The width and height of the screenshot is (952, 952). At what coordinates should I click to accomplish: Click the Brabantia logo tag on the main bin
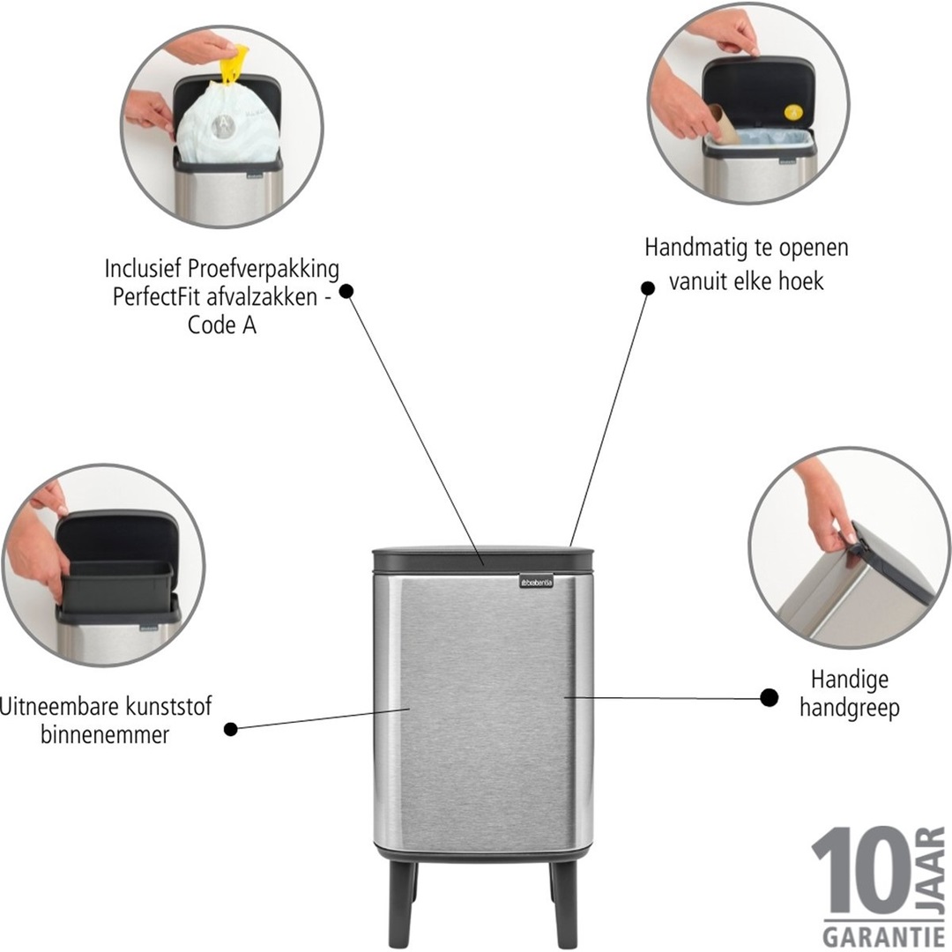[x=536, y=582]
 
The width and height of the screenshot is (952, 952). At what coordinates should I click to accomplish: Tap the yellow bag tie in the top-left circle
[x=234, y=64]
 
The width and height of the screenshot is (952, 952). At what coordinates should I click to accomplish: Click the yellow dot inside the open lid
[x=793, y=112]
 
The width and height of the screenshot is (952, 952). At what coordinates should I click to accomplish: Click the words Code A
[x=222, y=324]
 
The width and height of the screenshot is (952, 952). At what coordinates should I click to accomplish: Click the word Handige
[x=837, y=680]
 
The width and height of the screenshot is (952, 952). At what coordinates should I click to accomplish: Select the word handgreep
[x=850, y=708]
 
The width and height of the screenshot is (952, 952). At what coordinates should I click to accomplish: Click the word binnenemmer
[x=104, y=735]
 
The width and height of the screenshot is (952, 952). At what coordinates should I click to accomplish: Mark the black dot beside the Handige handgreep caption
[x=769, y=698]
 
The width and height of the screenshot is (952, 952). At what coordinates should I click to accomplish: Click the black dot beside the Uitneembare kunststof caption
[x=231, y=729]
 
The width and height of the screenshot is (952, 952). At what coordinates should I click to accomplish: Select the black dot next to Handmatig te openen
[x=648, y=287]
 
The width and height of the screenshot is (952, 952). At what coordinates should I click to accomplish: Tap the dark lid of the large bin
[x=482, y=559]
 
